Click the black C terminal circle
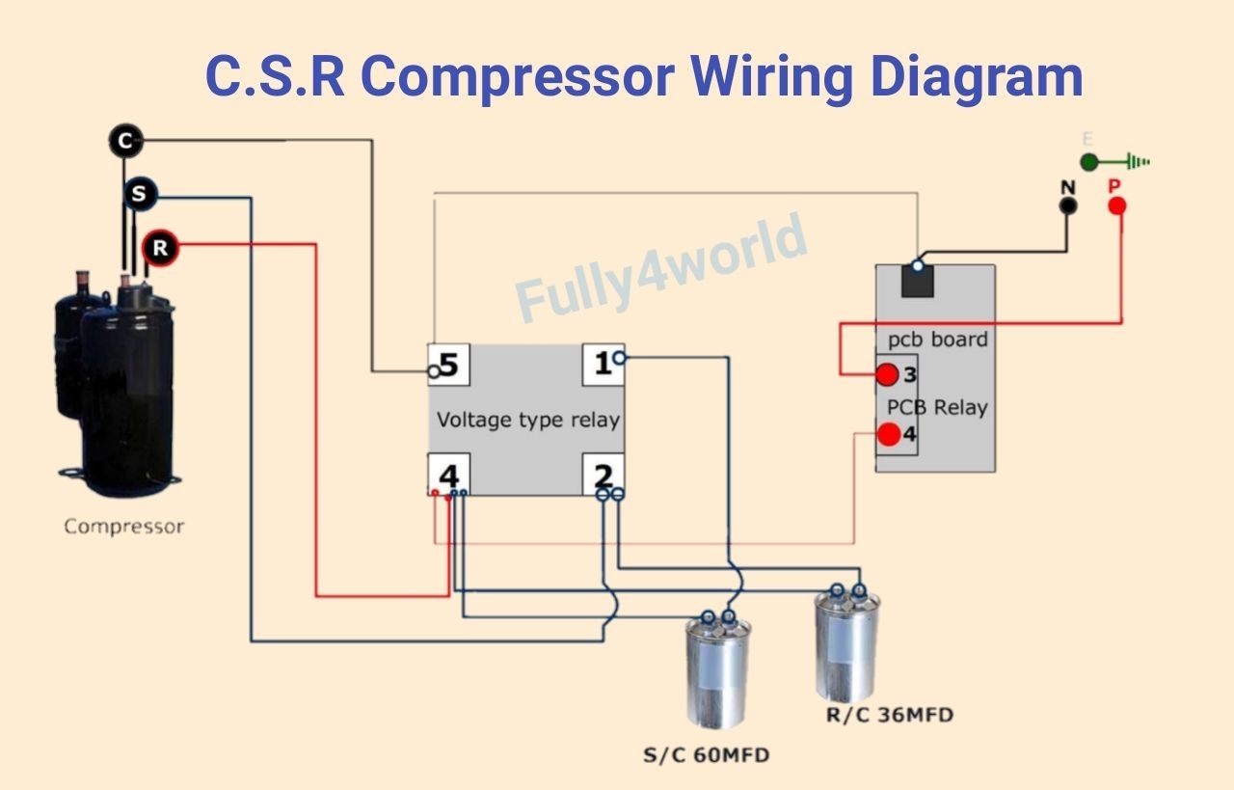(124, 142)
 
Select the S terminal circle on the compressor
(140, 195)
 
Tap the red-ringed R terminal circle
(160, 249)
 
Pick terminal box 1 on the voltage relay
(603, 365)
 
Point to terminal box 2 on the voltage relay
(603, 475)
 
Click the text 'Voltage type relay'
(527, 421)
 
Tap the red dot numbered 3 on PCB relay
(887, 374)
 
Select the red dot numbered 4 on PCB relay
(889, 434)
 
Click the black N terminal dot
(1067, 206)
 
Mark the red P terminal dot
(1117, 206)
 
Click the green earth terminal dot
(1088, 162)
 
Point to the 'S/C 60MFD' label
(706, 755)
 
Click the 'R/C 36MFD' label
(890, 715)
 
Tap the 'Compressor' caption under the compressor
(123, 527)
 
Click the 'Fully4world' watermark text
(661, 267)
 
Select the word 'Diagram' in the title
(976, 76)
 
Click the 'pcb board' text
(937, 340)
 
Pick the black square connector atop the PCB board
(918, 280)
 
